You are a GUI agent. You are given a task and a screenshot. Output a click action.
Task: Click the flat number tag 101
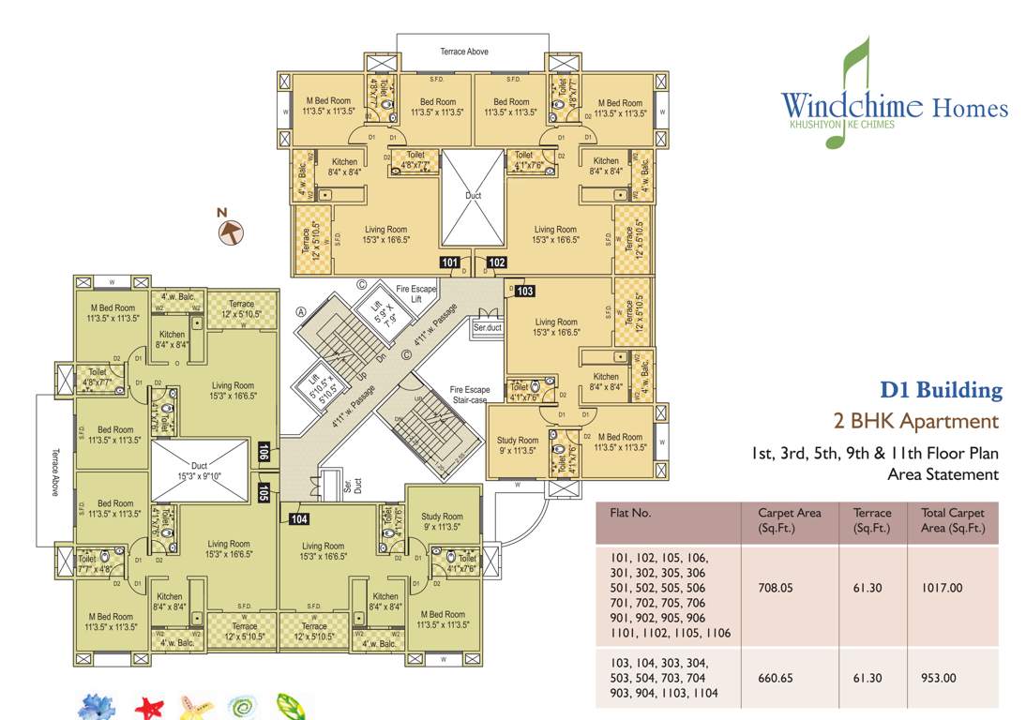click(x=449, y=262)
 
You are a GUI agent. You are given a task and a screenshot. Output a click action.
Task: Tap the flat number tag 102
click(x=496, y=262)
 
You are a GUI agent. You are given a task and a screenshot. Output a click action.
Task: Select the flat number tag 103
click(x=524, y=292)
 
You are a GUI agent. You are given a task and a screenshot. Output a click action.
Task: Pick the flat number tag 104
click(x=299, y=518)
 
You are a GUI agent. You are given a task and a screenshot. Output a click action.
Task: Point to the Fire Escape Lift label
click(x=416, y=293)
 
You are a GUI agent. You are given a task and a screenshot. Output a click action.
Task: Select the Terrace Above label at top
click(x=464, y=52)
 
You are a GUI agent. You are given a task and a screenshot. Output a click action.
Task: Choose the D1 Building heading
click(x=940, y=390)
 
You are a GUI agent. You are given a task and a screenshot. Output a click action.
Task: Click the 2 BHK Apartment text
click(x=915, y=421)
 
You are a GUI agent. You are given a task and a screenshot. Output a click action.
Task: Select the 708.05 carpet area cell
click(x=777, y=589)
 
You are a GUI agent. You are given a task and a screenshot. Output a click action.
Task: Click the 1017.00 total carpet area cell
click(x=943, y=589)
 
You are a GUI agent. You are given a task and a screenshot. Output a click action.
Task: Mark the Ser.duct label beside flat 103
click(x=488, y=329)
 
